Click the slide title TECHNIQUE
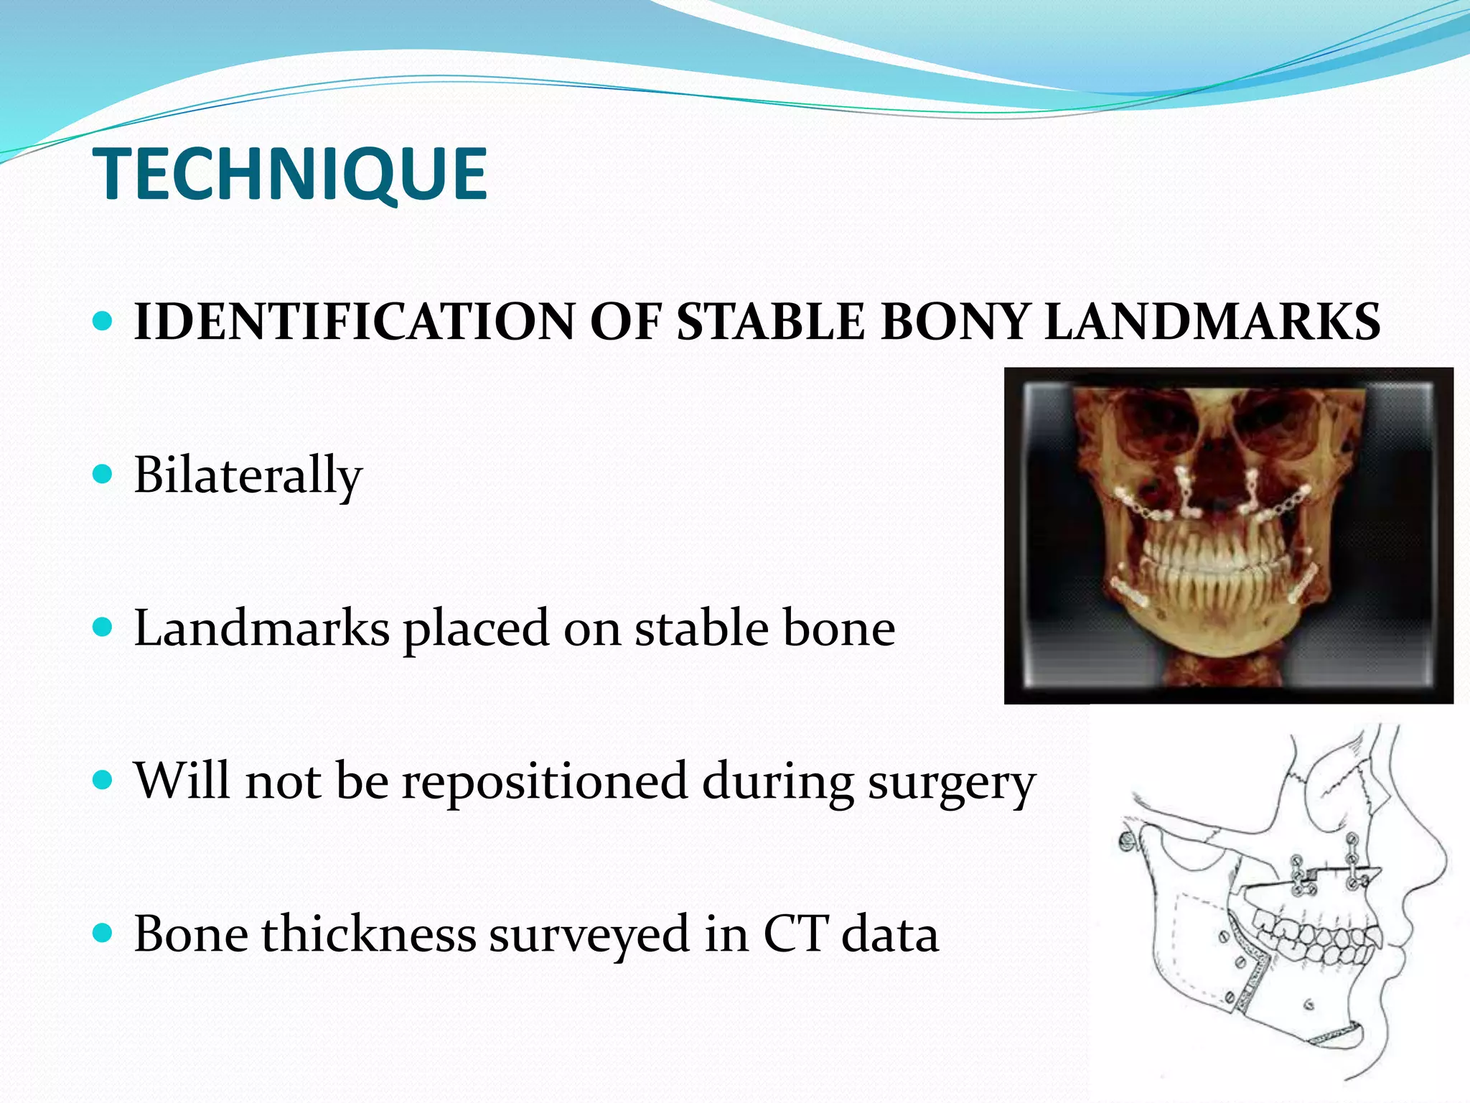coord(290,174)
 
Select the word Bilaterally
coord(248,475)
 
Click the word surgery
coord(952,783)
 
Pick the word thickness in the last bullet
coord(369,934)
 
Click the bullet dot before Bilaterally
coord(103,474)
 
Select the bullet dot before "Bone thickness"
coord(103,933)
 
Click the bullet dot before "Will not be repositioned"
coord(103,780)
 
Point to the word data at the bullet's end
coord(890,934)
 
